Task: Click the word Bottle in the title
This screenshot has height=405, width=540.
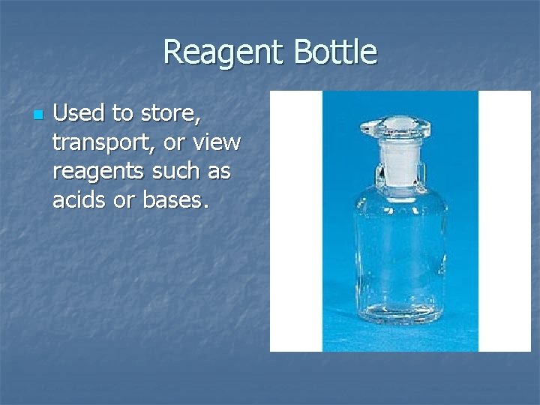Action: click(x=335, y=52)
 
